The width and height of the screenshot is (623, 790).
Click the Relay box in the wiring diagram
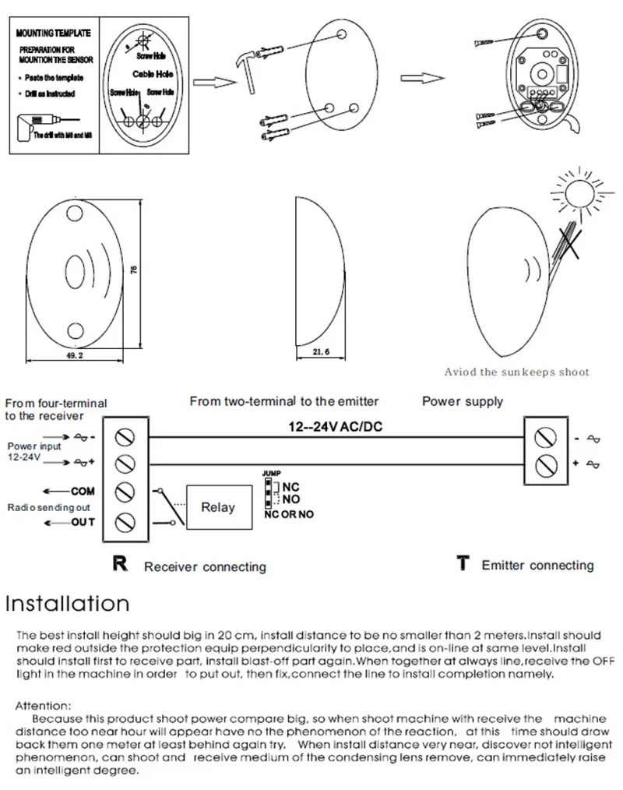click(x=218, y=507)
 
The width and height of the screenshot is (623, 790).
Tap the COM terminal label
click(x=82, y=492)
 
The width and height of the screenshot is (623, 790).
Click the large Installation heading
click(x=67, y=603)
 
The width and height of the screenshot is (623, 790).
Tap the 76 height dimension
click(x=134, y=270)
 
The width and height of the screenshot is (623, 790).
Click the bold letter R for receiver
click(x=119, y=563)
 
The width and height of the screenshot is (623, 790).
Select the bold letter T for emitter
click(x=463, y=563)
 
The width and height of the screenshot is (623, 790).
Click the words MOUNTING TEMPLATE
click(x=53, y=34)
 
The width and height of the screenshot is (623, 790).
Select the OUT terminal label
click(x=83, y=521)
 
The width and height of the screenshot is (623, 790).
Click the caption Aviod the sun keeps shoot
click(x=516, y=372)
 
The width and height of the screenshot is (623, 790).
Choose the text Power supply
click(x=463, y=402)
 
